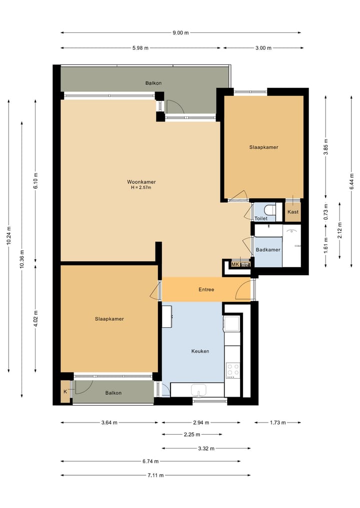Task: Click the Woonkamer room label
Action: pos(141,182)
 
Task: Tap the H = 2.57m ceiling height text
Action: pos(141,188)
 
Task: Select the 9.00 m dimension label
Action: pos(180,33)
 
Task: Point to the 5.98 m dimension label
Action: pos(140,48)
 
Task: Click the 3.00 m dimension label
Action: pos(263,48)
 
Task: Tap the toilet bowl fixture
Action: pos(270,210)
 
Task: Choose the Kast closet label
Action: pos(293,212)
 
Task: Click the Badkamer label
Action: pos(268,250)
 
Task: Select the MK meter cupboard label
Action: pos(235,264)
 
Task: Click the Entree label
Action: pos(206,290)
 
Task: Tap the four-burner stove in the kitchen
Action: pos(233,371)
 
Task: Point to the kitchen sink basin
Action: pos(198,390)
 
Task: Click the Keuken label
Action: pos(200,351)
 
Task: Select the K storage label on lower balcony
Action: pos(65,392)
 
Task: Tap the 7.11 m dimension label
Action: pos(155,475)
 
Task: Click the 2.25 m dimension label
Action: pos(192,435)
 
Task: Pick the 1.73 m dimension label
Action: pos(278,423)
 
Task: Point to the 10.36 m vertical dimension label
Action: pos(21,259)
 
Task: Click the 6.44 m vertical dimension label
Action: pos(351,182)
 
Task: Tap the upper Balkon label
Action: pos(153,83)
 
